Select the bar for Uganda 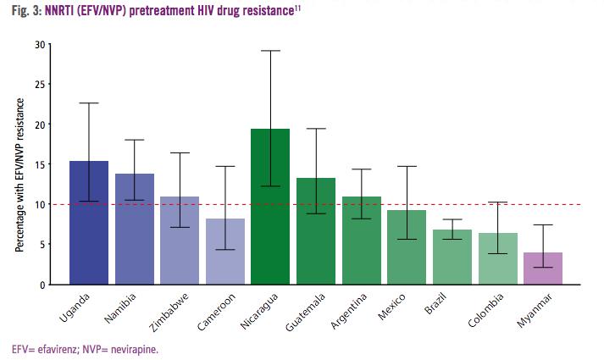[89, 222]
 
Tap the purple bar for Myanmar [543, 268]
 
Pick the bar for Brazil [452, 256]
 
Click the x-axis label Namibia [124, 308]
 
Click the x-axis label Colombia [486, 310]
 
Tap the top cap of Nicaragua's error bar [270, 51]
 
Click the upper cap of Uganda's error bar [89, 103]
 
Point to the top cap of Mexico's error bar [407, 166]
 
